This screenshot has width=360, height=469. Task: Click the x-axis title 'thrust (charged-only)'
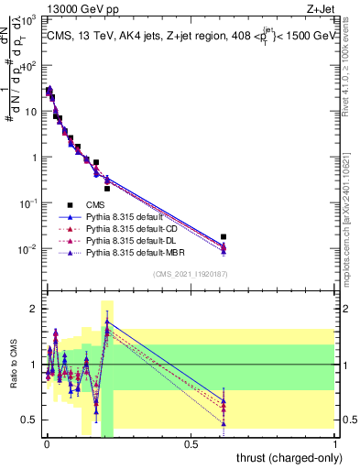click(x=289, y=455)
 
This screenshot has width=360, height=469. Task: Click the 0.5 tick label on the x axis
click(x=191, y=443)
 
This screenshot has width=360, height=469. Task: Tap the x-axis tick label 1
click(x=335, y=443)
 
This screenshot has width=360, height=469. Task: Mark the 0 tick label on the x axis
click(x=46, y=443)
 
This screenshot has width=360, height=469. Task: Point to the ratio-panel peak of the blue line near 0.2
click(x=107, y=322)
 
